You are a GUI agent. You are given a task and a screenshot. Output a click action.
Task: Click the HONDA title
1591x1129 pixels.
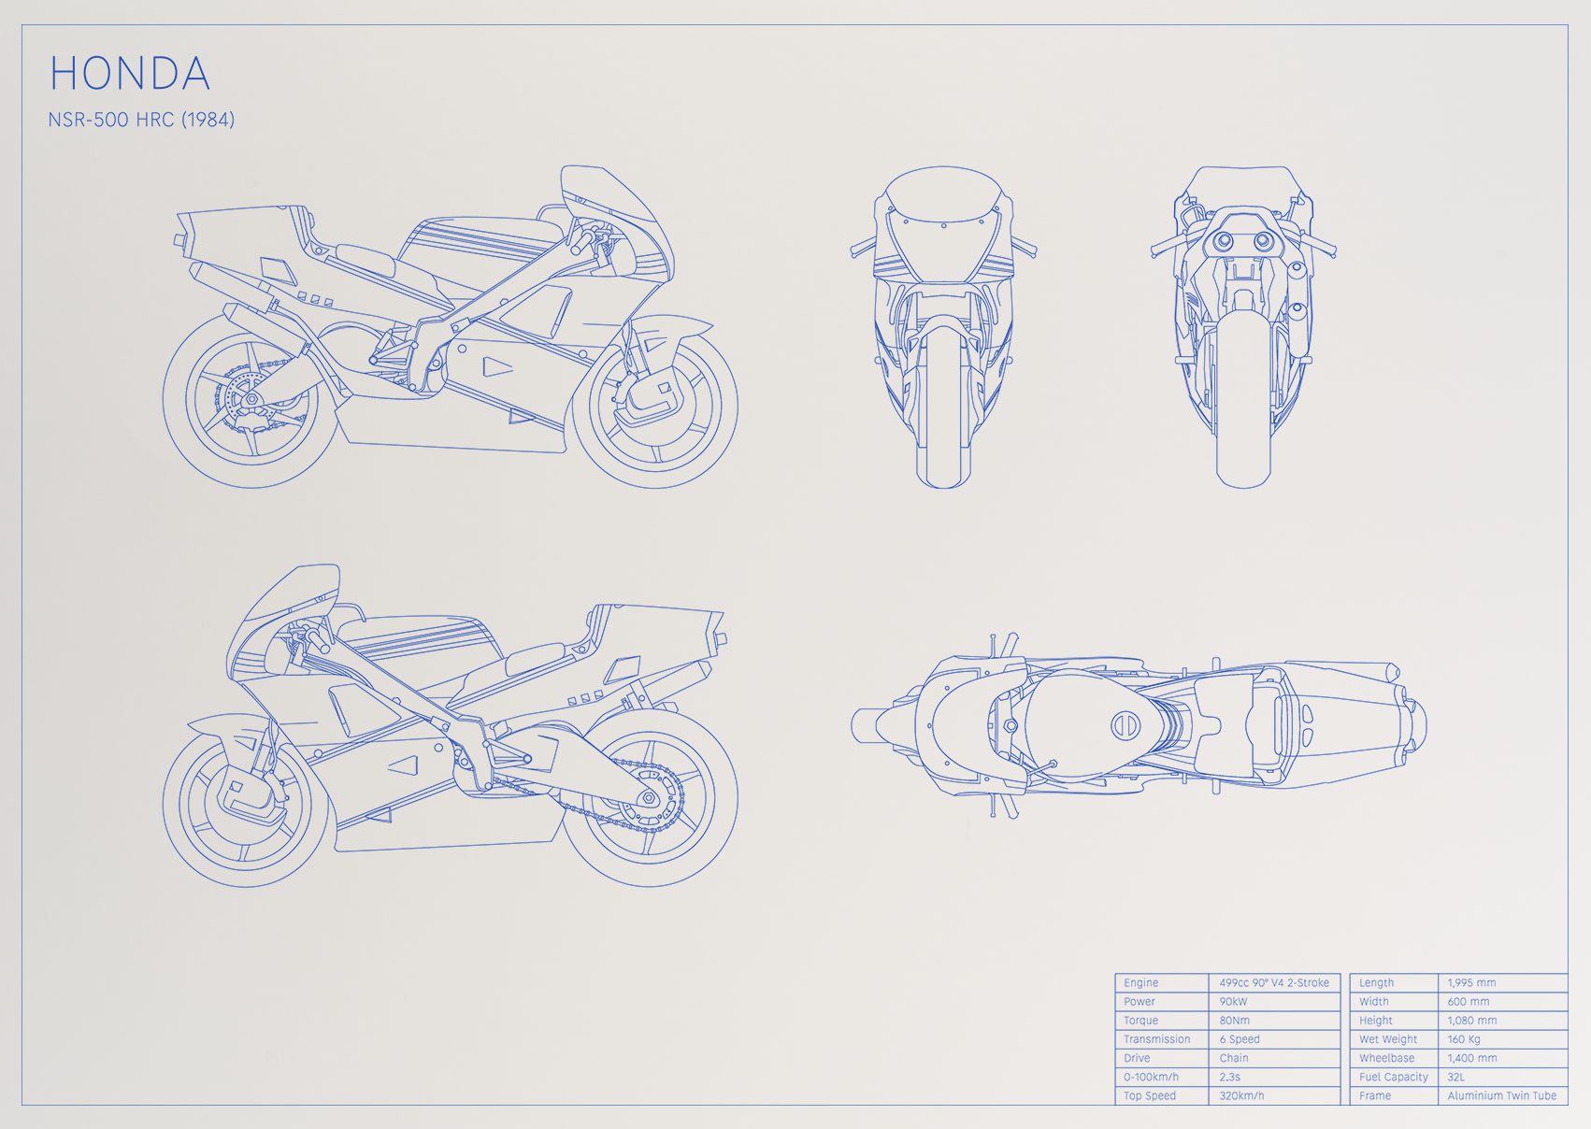click(x=129, y=73)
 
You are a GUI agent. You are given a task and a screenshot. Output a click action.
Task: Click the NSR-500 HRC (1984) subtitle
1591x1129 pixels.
click(x=141, y=120)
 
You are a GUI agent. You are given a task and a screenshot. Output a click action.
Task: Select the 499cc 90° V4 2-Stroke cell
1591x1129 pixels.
click(x=1274, y=982)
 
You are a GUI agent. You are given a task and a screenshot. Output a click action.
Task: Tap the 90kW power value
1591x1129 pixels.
click(x=1233, y=1001)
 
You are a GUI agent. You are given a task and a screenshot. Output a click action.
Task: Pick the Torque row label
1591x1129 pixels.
click(x=1140, y=1021)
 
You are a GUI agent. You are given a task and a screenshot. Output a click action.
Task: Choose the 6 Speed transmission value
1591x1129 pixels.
click(x=1240, y=1039)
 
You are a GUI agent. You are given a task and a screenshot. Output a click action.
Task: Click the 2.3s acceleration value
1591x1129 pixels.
click(x=1229, y=1077)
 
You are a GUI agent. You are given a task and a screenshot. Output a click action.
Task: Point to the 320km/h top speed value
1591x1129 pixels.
click(x=1241, y=1095)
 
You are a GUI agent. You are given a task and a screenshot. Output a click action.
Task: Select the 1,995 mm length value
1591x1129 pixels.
click(x=1471, y=982)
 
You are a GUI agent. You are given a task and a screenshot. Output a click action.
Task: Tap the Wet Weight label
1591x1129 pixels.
click(x=1388, y=1039)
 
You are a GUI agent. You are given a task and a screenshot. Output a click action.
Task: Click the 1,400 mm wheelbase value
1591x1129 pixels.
click(x=1472, y=1058)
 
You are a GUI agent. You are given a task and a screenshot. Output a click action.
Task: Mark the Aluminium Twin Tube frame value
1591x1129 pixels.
click(x=1502, y=1095)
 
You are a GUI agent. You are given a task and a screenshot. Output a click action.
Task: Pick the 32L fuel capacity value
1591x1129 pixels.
click(x=1456, y=1077)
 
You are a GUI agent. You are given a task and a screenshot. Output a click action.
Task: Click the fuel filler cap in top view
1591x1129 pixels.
click(x=1125, y=725)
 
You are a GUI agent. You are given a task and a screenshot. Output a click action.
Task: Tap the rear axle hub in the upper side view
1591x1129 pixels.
click(x=250, y=400)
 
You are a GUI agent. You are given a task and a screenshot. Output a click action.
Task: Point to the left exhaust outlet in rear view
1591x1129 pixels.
click(x=1223, y=241)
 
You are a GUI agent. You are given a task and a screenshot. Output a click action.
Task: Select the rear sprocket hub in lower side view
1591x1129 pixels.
click(x=648, y=798)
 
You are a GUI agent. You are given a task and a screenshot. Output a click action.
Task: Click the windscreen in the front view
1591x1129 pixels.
click(x=943, y=195)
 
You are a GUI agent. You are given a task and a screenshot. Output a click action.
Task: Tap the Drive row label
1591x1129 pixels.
click(x=1137, y=1058)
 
